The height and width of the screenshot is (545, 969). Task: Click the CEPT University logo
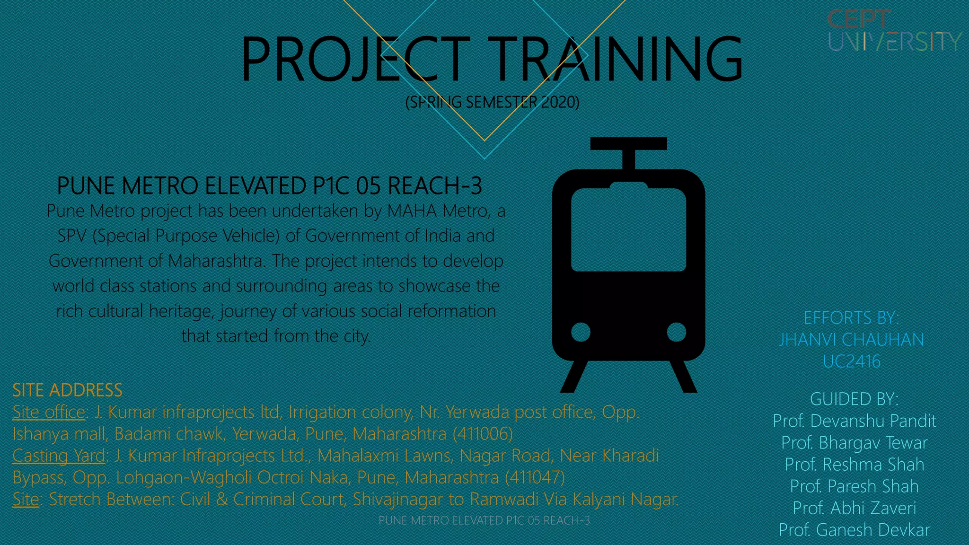(x=893, y=31)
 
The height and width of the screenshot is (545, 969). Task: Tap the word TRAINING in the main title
(x=615, y=59)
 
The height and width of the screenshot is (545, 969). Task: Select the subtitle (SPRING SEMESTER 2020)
(x=492, y=102)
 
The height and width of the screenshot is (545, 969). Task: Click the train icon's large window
(x=628, y=229)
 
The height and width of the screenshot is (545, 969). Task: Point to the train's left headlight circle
(x=581, y=332)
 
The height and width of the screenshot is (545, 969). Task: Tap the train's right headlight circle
(x=676, y=332)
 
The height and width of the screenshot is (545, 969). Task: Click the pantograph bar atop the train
(x=628, y=143)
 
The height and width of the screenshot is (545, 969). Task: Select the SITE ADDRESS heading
(x=67, y=390)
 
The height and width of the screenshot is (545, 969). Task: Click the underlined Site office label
(x=49, y=412)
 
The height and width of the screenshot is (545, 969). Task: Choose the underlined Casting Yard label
(x=59, y=456)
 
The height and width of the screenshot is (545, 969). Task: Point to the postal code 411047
(x=535, y=477)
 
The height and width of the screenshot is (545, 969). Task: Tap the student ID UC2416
(x=851, y=361)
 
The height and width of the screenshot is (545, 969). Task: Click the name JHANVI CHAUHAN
(x=851, y=340)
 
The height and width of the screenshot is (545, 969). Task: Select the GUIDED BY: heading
(x=854, y=399)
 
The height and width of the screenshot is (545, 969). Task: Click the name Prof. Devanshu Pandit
(x=854, y=421)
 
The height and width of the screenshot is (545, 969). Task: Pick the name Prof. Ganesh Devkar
(x=854, y=530)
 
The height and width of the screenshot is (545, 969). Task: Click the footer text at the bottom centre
(x=484, y=520)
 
